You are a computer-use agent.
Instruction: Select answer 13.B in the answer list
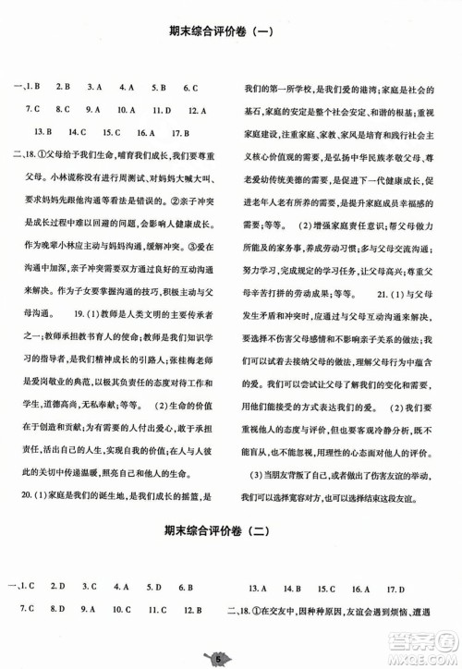click(x=43, y=131)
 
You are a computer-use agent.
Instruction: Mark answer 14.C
click(x=78, y=131)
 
